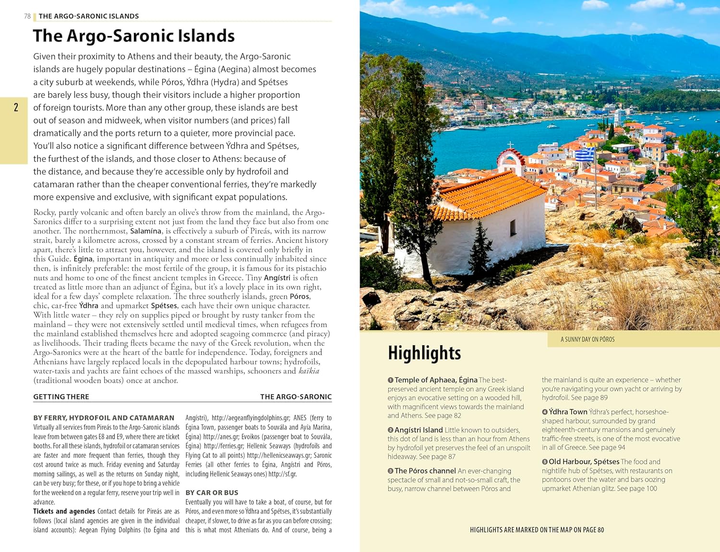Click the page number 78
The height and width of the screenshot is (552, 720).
click(27, 16)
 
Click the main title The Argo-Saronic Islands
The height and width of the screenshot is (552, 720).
click(133, 36)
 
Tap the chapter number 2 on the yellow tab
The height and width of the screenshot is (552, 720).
click(16, 107)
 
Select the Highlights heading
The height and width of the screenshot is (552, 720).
click(424, 353)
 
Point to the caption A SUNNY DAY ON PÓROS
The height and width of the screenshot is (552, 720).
click(588, 340)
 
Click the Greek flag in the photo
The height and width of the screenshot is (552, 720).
click(585, 154)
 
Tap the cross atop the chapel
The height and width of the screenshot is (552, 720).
click(510, 144)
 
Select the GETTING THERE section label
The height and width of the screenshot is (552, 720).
click(61, 397)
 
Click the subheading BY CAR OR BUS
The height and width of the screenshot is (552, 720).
click(212, 493)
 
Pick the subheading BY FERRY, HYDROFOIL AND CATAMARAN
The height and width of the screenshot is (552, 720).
click(104, 418)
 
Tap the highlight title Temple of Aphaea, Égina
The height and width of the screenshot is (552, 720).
click(436, 380)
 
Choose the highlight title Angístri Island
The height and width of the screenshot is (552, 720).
click(419, 430)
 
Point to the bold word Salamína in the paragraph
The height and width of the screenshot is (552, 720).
click(145, 231)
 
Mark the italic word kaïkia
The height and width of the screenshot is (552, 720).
click(309, 371)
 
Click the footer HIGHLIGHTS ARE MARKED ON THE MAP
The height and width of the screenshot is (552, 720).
click(537, 530)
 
